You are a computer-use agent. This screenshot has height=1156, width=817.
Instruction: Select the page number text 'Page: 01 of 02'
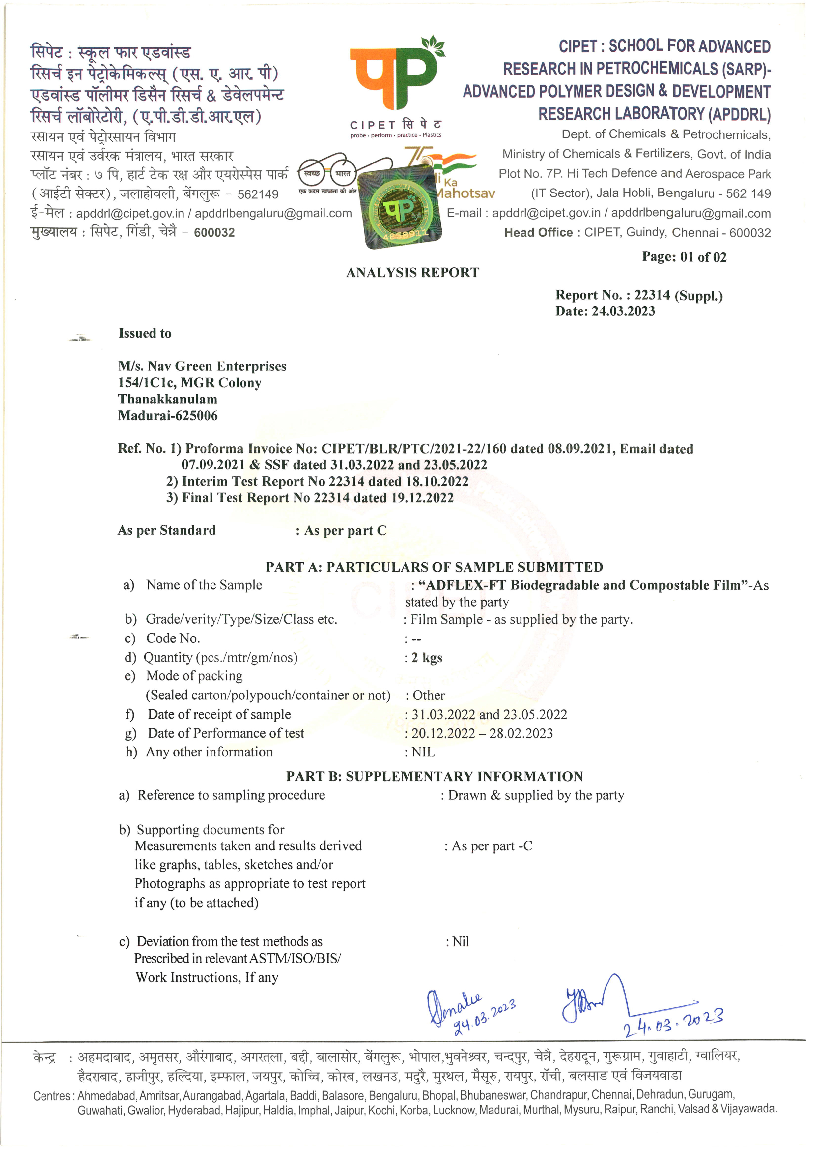pos(684,257)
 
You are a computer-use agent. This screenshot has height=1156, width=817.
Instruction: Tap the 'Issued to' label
pos(145,333)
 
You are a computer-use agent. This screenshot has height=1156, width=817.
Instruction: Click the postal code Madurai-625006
pos(168,416)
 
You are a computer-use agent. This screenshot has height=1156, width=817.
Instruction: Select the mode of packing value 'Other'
pos(428,695)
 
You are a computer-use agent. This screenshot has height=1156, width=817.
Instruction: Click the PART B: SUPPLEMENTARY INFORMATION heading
pos(434,776)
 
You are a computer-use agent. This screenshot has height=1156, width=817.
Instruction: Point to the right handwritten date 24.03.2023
pos(673,1023)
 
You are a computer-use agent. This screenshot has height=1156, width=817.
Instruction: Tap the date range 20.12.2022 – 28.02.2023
pos(482,733)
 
